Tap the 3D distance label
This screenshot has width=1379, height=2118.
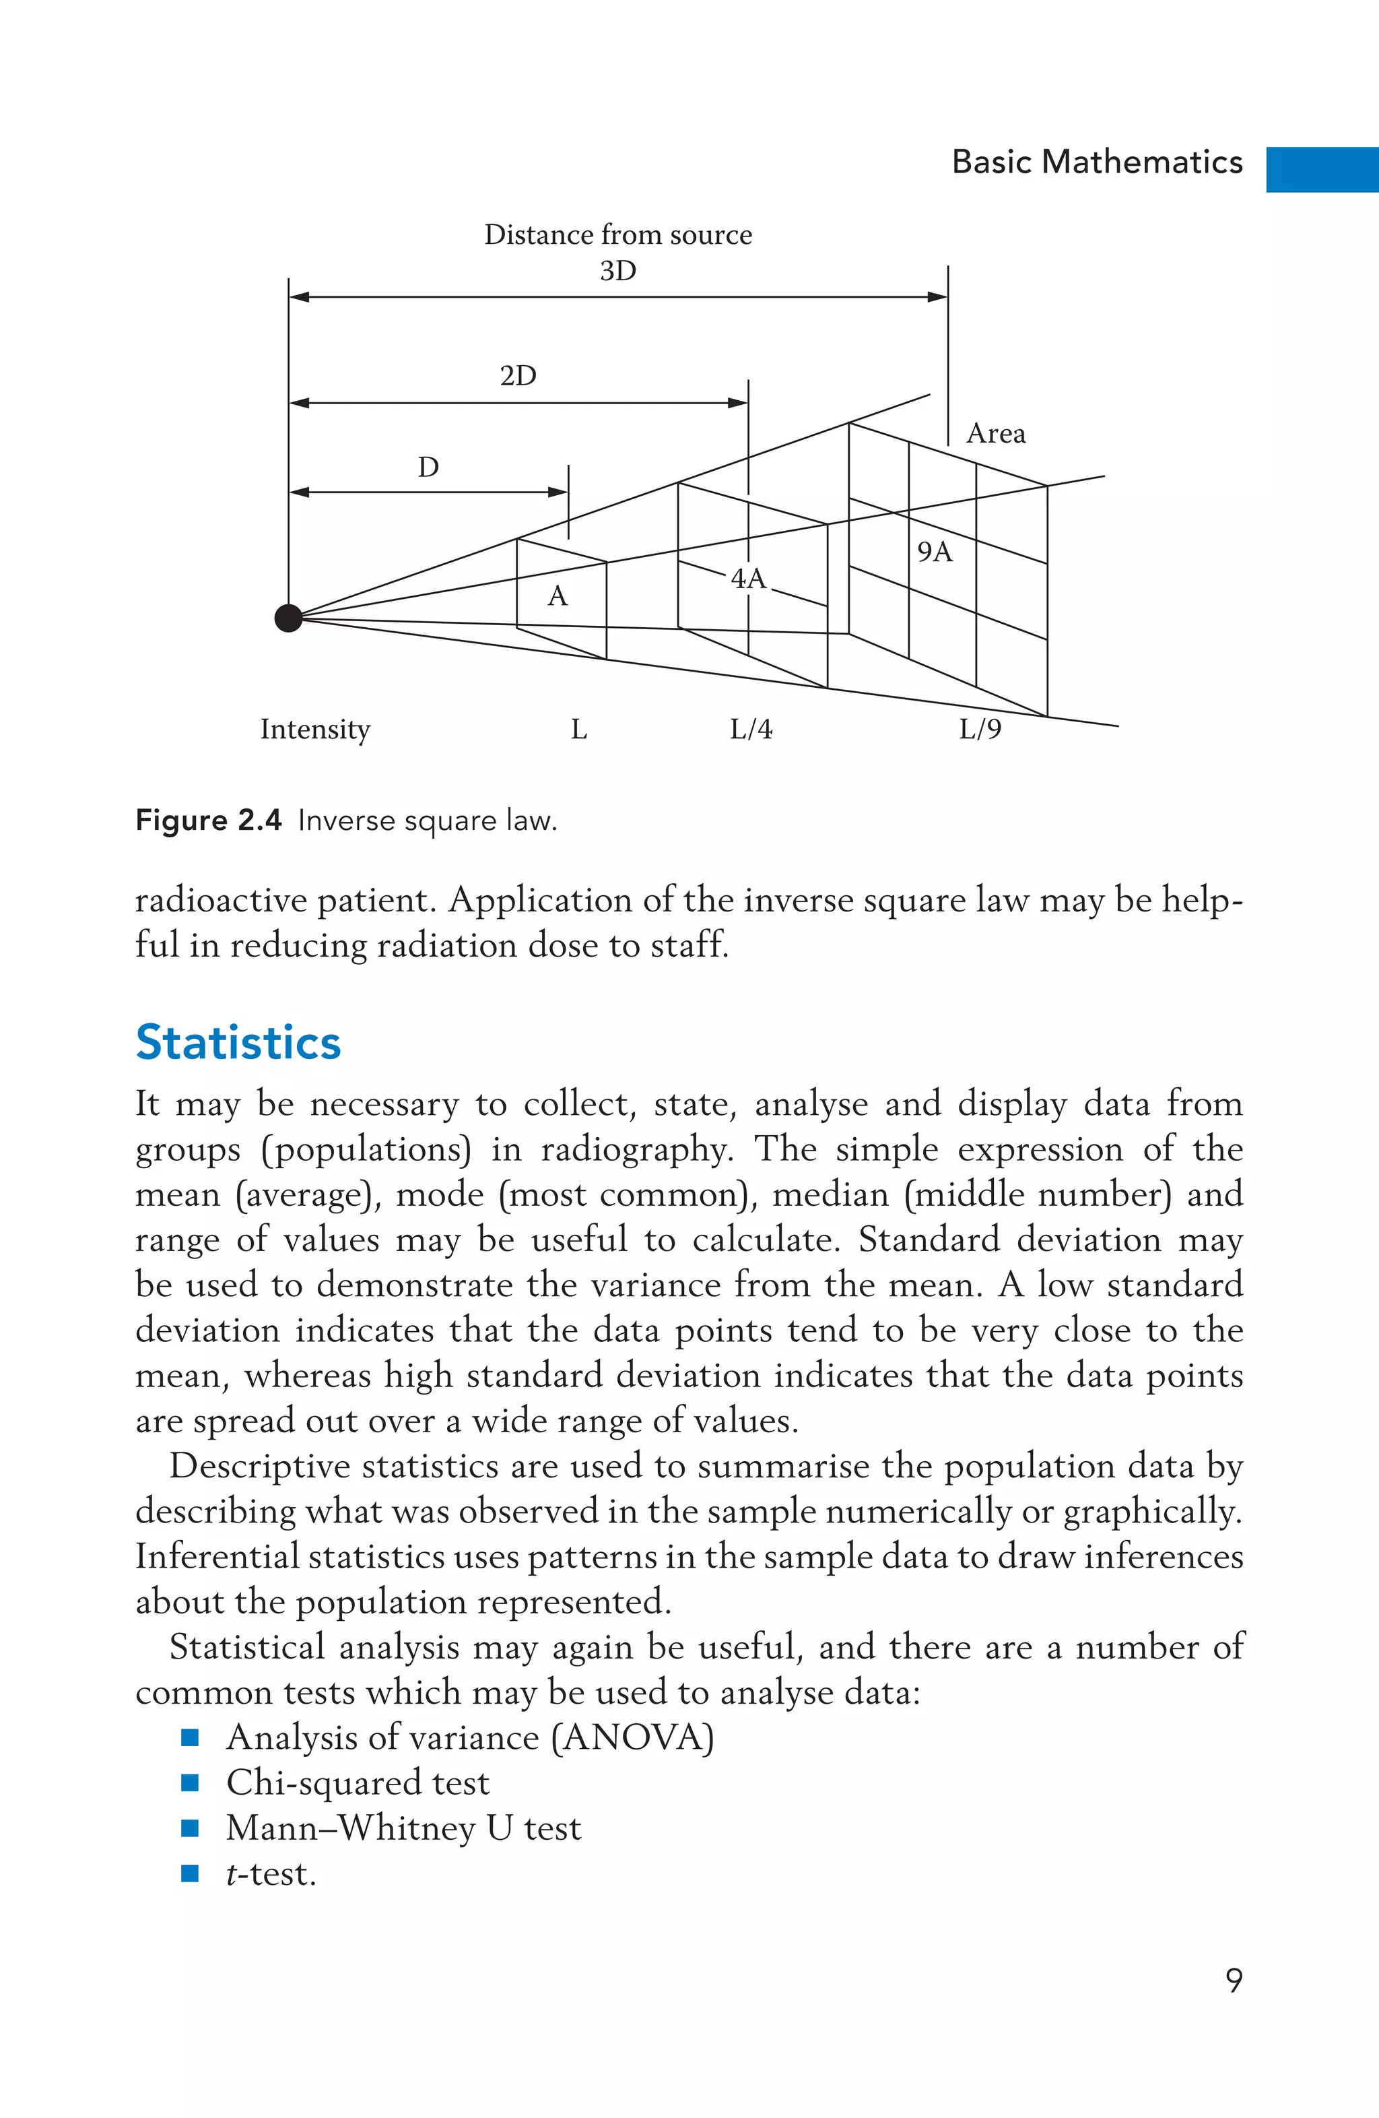pyautogui.click(x=617, y=271)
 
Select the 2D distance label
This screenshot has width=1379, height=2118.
pyautogui.click(x=518, y=375)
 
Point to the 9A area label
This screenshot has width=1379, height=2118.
pyautogui.click(x=934, y=552)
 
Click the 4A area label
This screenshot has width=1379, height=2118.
pyautogui.click(x=748, y=579)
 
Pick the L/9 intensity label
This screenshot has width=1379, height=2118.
pyautogui.click(x=980, y=730)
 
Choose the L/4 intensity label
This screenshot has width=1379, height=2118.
pyautogui.click(x=751, y=730)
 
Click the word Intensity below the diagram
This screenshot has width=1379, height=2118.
pyautogui.click(x=315, y=730)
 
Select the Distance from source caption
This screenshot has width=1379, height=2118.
pyautogui.click(x=617, y=235)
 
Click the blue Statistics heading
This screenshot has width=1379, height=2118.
pyautogui.click(x=238, y=1042)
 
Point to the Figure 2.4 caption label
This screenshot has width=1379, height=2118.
pyautogui.click(x=208, y=820)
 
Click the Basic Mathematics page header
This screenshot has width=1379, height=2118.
pyautogui.click(x=1097, y=162)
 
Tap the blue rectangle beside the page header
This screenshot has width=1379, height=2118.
pyautogui.click(x=1322, y=169)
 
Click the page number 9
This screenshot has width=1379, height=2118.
pyautogui.click(x=1233, y=1980)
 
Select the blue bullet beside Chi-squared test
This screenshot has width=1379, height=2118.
pyautogui.click(x=189, y=1783)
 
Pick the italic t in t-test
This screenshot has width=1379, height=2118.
pyautogui.click(x=232, y=1873)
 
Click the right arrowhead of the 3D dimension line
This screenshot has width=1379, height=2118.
pyautogui.click(x=938, y=296)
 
